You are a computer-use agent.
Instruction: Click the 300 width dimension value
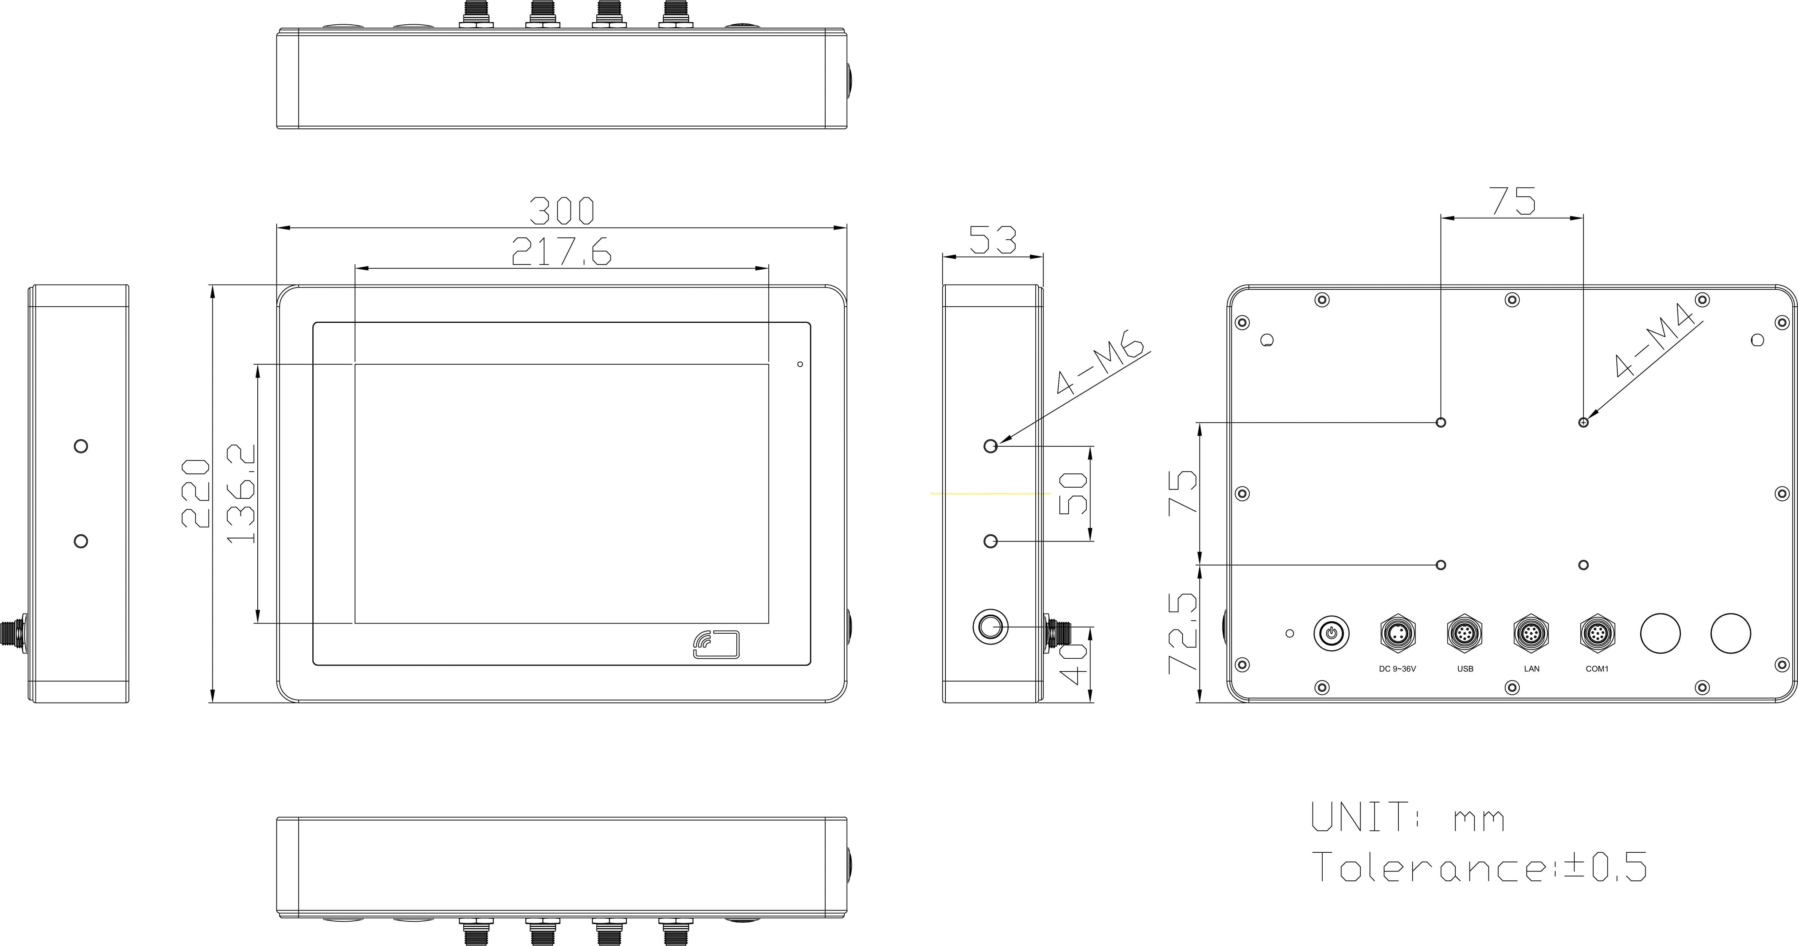click(x=562, y=211)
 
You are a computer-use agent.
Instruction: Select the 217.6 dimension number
click(x=562, y=252)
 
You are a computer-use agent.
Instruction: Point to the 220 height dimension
click(x=196, y=493)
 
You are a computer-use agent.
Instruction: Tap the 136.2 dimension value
click(x=242, y=493)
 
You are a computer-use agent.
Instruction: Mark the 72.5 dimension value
click(x=1183, y=633)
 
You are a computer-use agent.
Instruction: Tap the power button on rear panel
click(x=1331, y=633)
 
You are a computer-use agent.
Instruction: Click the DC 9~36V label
click(x=1397, y=669)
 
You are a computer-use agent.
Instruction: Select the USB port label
click(x=1465, y=669)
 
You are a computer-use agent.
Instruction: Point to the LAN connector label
click(x=1531, y=669)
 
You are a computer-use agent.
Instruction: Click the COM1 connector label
click(x=1597, y=669)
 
